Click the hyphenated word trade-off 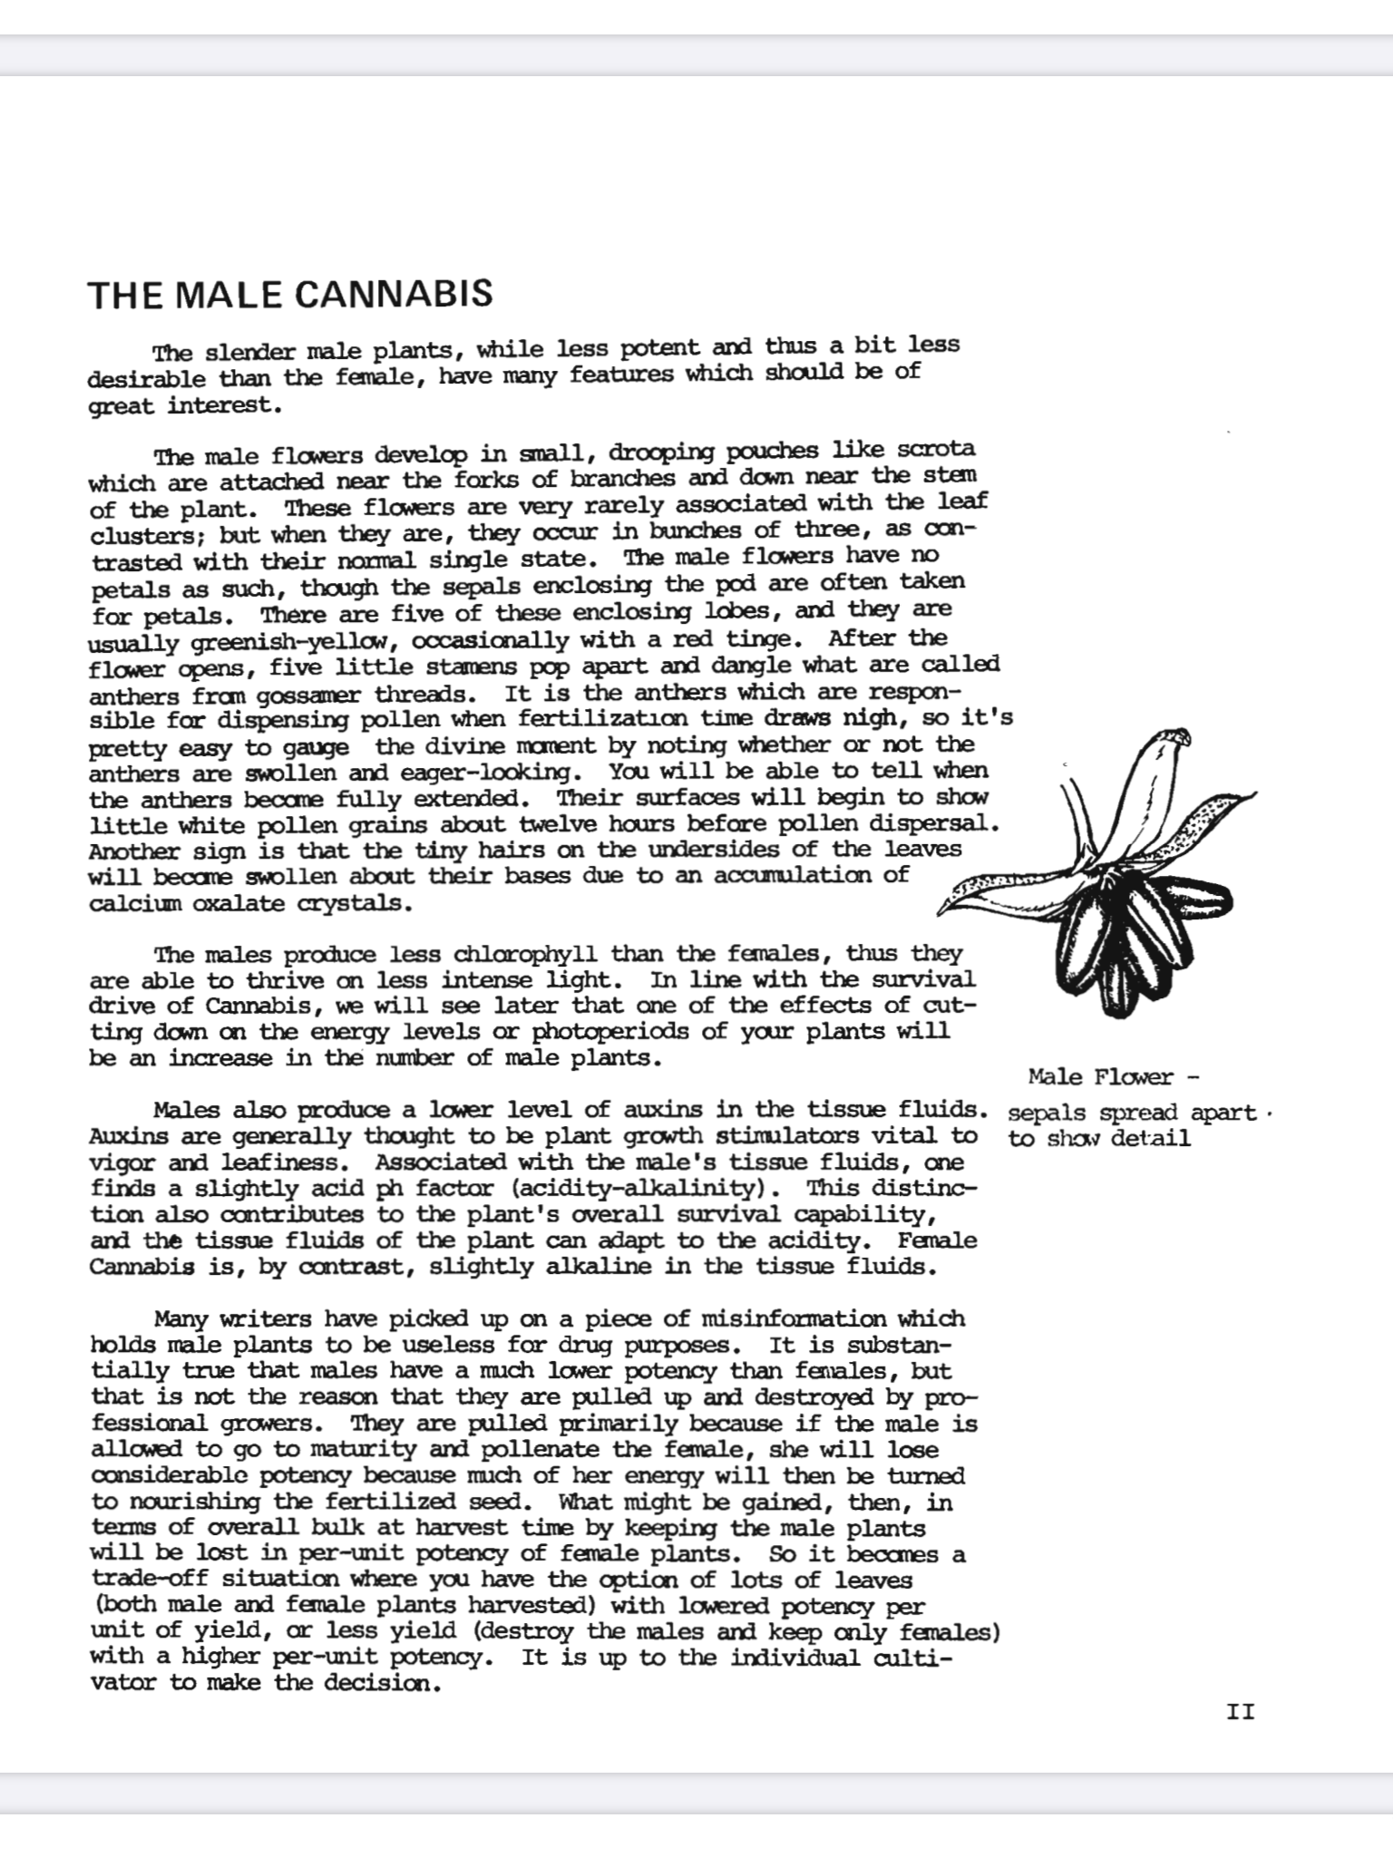pyautogui.click(x=149, y=1580)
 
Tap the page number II pyautogui.click(x=1240, y=1712)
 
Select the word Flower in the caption pyautogui.click(x=1134, y=1077)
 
